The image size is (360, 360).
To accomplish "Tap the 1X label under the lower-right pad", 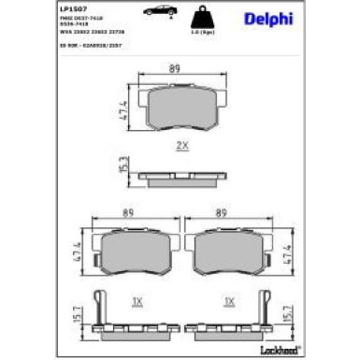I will pos(227,301).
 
